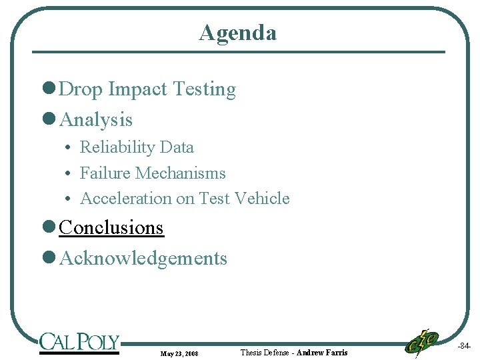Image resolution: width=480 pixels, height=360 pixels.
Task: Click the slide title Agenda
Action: (237, 32)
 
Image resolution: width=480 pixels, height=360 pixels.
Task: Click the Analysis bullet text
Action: (96, 120)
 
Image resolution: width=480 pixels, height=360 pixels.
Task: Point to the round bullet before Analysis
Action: (47, 120)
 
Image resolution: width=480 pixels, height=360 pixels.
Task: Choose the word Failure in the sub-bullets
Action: (105, 173)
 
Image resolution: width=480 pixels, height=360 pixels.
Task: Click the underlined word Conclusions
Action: (111, 228)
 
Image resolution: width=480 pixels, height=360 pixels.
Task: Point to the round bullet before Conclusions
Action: (47, 228)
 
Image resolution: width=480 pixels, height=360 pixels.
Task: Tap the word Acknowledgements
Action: (143, 259)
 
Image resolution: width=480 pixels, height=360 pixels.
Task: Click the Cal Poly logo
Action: (79, 343)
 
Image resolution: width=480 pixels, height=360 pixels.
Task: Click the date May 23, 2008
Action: (179, 353)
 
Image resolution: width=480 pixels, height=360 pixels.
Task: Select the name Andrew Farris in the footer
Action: (321, 352)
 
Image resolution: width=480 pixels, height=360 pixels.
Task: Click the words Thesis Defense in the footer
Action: (265, 352)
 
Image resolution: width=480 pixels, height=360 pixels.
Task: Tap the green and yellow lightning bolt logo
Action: (422, 343)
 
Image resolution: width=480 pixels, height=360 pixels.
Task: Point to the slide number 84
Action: (464, 346)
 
